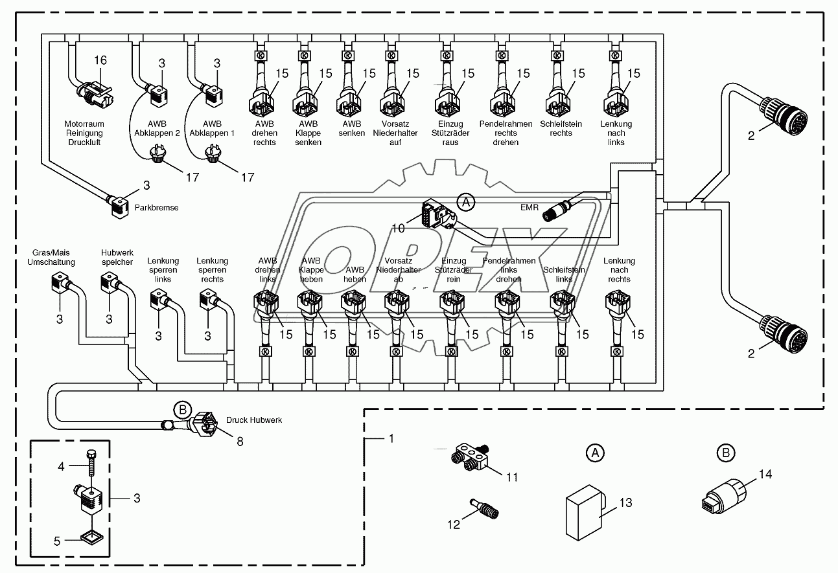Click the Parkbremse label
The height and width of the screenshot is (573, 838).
pyautogui.click(x=156, y=208)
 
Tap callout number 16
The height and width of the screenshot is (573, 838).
pyautogui.click(x=100, y=60)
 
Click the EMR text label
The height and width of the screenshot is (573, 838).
pyautogui.click(x=530, y=207)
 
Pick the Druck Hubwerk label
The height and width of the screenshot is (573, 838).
pyautogui.click(x=254, y=420)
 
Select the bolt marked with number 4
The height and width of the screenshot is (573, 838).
pyautogui.click(x=91, y=464)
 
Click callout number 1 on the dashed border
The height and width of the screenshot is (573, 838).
pyautogui.click(x=390, y=438)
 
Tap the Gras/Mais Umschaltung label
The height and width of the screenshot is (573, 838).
pyautogui.click(x=51, y=257)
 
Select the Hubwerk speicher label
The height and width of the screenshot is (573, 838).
pyautogui.click(x=117, y=257)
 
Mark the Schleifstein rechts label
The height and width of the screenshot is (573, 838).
pyautogui.click(x=561, y=129)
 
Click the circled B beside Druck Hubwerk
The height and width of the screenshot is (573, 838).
pyautogui.click(x=183, y=409)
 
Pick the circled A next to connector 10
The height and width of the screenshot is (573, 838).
pyautogui.click(x=465, y=202)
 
